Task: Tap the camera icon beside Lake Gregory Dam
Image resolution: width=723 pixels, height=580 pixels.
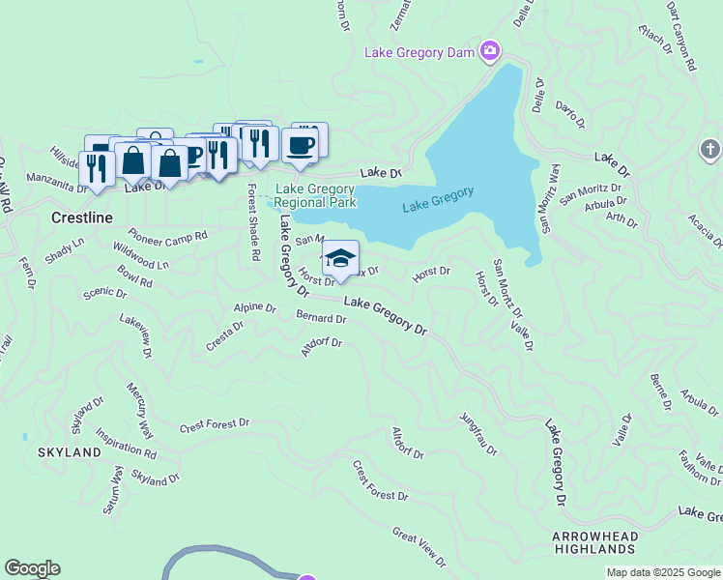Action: click(x=490, y=50)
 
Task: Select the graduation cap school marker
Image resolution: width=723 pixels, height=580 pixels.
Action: click(x=340, y=258)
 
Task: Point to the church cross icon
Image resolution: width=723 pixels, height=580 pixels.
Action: click(x=709, y=150)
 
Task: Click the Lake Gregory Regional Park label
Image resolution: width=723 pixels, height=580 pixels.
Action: click(x=316, y=196)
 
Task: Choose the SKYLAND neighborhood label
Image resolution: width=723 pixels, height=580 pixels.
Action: click(x=70, y=452)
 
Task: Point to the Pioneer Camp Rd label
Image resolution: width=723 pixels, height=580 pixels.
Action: click(x=168, y=235)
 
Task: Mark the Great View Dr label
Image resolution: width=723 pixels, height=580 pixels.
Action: click(x=419, y=546)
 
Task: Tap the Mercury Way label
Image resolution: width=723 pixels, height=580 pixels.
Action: click(x=140, y=410)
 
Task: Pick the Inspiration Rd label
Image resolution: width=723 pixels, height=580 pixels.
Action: click(x=126, y=445)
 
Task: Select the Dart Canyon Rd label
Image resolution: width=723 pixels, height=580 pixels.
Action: click(x=680, y=37)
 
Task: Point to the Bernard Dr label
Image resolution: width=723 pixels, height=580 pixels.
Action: click(x=321, y=317)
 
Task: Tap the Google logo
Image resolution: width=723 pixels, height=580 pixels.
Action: click(x=32, y=568)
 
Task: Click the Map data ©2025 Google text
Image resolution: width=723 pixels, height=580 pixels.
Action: click(x=663, y=572)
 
